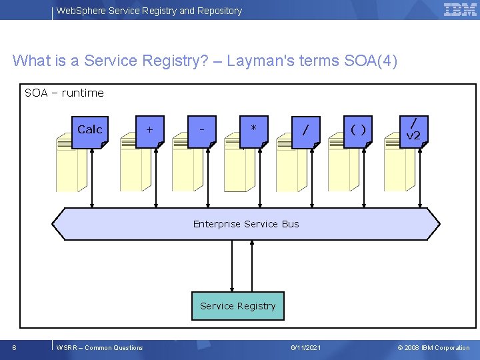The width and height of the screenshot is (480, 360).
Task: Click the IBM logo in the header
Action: click(x=459, y=10)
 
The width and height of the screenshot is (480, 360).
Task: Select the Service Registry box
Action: click(x=237, y=306)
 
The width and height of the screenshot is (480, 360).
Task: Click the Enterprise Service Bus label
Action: click(x=246, y=224)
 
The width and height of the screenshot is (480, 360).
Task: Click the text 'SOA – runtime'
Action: click(x=64, y=93)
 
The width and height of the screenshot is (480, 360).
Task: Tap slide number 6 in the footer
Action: click(x=15, y=347)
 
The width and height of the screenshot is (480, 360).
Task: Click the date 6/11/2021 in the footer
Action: click(x=306, y=347)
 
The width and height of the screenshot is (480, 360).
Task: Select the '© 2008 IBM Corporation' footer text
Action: click(x=433, y=347)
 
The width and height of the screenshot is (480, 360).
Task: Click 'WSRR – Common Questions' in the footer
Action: click(x=100, y=347)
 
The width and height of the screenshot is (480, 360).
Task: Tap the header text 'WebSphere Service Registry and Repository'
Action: click(x=149, y=11)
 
